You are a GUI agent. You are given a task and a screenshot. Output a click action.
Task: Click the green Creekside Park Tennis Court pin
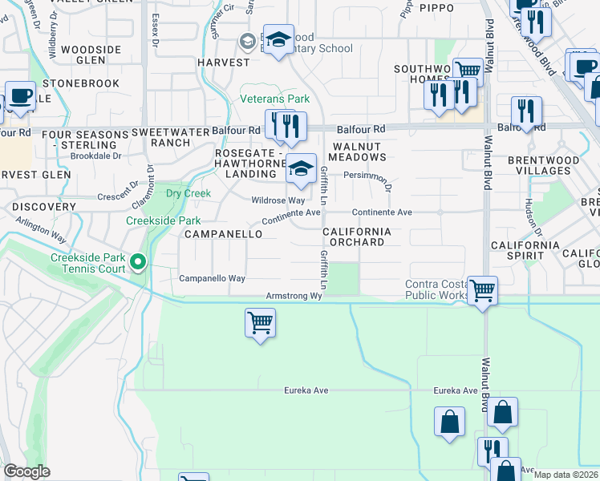(138, 262)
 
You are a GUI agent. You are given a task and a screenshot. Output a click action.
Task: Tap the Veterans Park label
(275, 99)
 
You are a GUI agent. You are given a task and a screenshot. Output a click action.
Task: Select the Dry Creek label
(188, 193)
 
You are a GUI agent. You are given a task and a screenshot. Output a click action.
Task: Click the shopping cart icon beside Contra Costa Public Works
(482, 290)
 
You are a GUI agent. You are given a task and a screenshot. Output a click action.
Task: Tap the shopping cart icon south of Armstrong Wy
(259, 324)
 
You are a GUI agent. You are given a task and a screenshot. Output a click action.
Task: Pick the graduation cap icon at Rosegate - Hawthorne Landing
(301, 168)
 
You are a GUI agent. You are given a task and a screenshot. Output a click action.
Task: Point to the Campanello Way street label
(211, 279)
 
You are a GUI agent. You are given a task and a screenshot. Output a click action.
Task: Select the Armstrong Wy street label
(294, 296)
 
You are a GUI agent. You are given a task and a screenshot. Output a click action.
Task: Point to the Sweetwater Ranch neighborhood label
(161, 137)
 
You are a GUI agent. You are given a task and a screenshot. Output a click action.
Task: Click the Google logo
(26, 471)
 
